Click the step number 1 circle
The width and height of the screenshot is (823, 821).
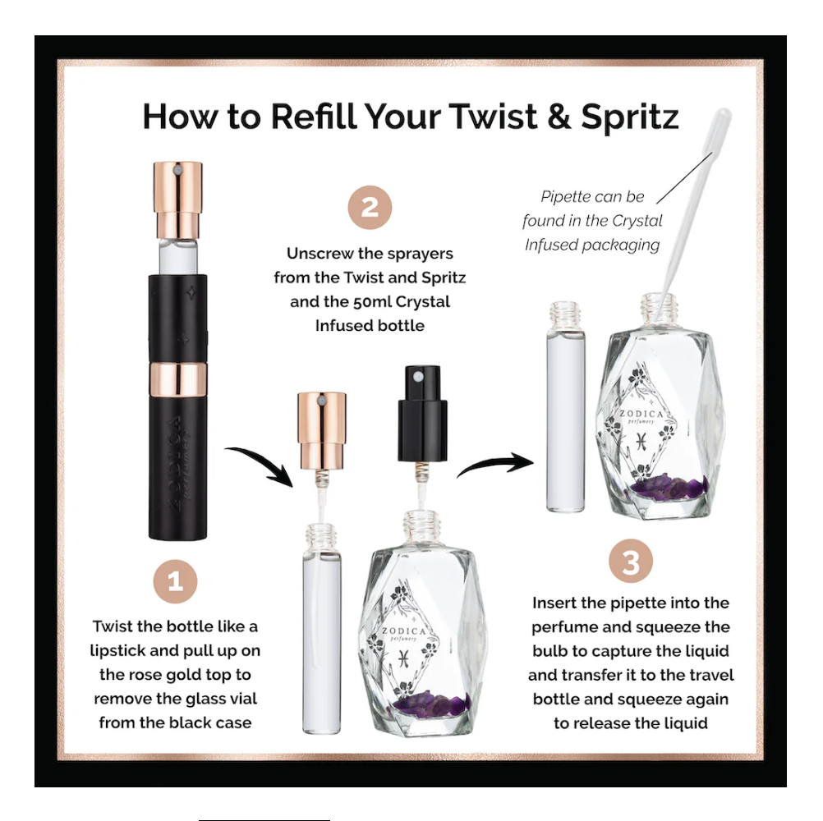175,581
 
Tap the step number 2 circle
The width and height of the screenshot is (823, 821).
370,207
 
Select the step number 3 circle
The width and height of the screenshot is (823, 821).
631,562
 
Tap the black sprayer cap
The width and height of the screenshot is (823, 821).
422,414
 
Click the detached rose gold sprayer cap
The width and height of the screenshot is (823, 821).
322,430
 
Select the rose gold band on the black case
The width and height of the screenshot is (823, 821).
178,378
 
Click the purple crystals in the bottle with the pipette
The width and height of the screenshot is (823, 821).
669,485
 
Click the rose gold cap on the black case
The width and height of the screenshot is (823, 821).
178,200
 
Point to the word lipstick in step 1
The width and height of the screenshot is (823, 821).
117,651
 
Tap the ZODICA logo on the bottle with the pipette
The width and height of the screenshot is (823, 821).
641,415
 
